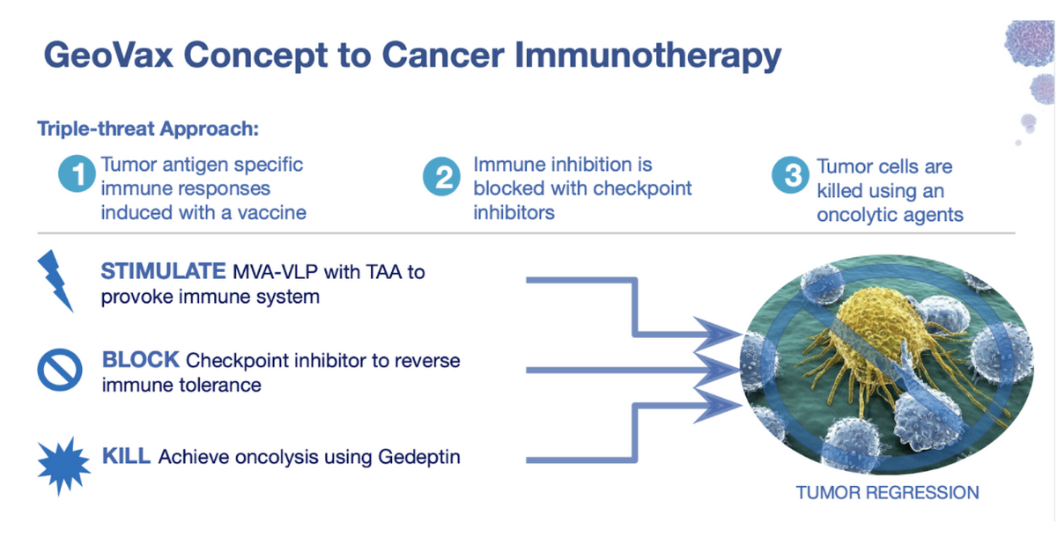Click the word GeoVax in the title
coord(108,55)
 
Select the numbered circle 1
coord(77,173)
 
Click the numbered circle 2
coord(441,177)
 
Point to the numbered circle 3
coord(791,175)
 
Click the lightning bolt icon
coord(55,280)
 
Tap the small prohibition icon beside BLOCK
coord(60,370)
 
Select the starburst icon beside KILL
coord(63,466)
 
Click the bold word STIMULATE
coord(163,271)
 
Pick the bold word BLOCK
coord(141,359)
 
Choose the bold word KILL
coord(127,456)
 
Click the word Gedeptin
coord(419,457)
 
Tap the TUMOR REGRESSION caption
coord(888,492)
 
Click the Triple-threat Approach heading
coord(148,129)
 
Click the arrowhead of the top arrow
coord(718,335)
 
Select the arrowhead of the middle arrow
coord(718,370)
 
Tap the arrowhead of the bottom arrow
coord(718,406)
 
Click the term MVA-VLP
coord(275,272)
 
